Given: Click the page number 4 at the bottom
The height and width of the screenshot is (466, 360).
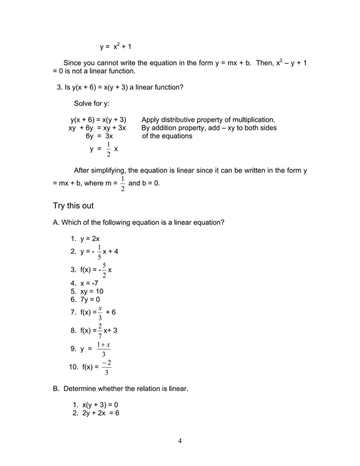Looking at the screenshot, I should [x=179, y=441].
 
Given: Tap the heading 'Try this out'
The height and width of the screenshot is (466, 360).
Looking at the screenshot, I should [x=73, y=205].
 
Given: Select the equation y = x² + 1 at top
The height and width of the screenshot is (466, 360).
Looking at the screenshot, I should [x=116, y=46].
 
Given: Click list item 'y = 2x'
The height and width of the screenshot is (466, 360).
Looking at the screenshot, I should [x=85, y=239].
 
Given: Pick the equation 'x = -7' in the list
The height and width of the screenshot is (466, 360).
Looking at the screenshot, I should [x=86, y=283].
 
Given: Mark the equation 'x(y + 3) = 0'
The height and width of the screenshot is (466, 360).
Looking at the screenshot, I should [x=95, y=405].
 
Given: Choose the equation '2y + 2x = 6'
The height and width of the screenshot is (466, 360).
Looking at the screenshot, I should [x=96, y=413].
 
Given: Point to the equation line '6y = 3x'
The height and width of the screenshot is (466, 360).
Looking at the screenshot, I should [x=99, y=136].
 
